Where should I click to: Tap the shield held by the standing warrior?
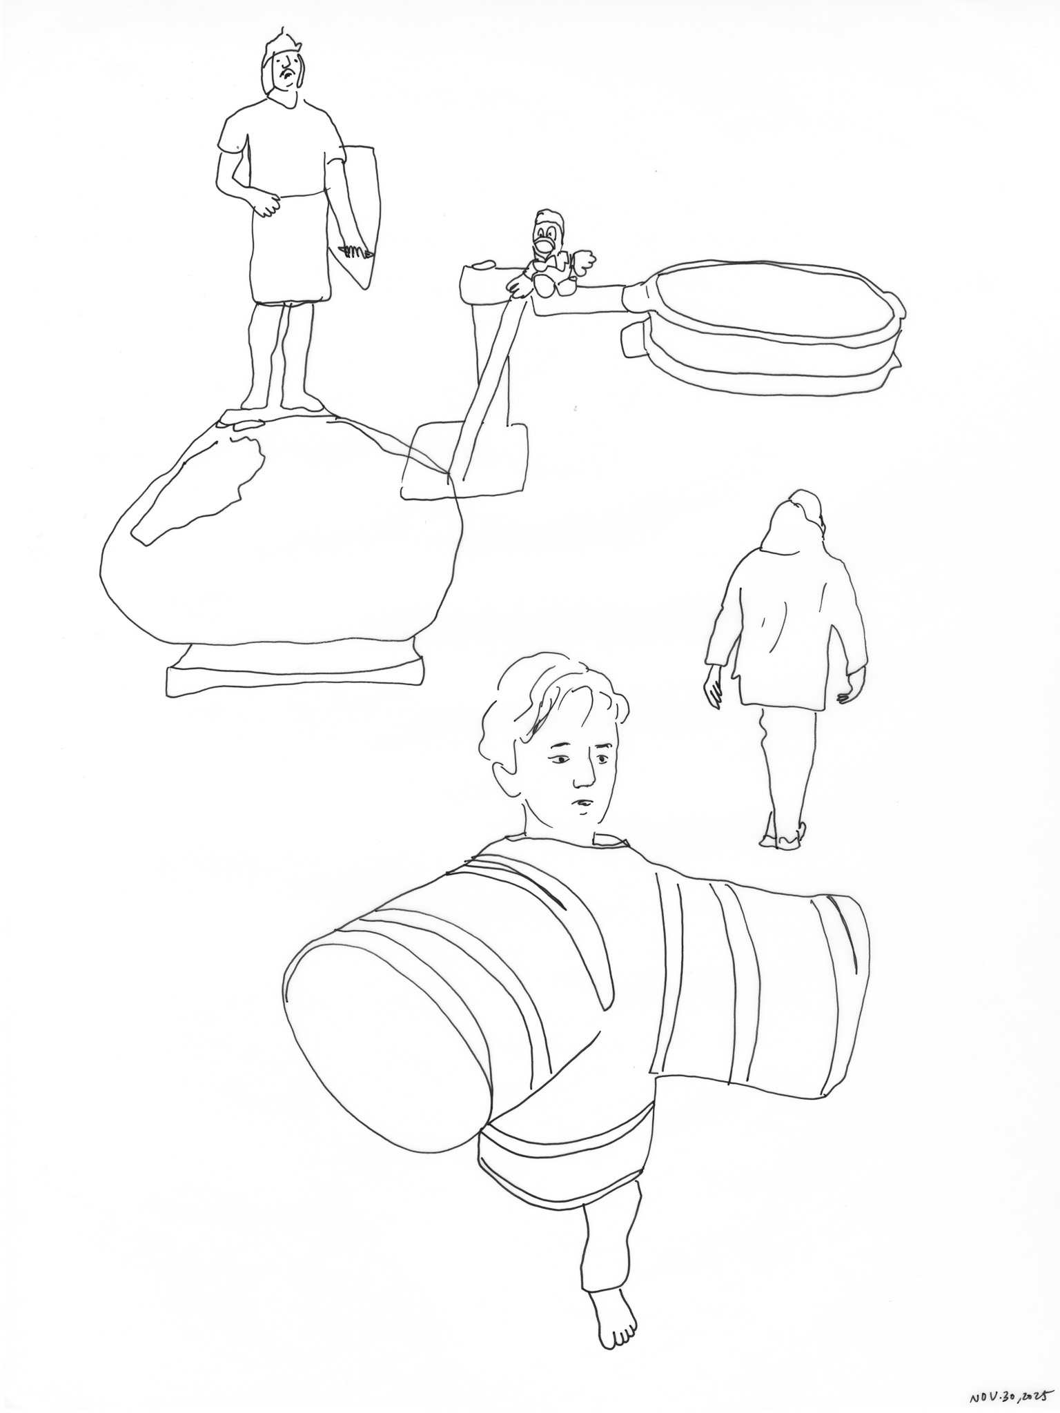358,215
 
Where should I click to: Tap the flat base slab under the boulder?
293,672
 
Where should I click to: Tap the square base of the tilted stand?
466,460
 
